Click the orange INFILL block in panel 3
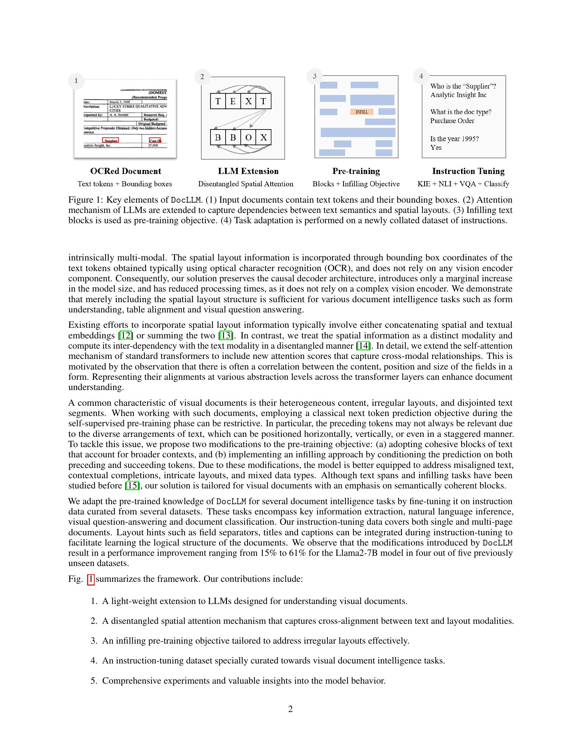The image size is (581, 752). (x=361, y=112)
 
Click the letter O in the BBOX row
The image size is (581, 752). (x=248, y=137)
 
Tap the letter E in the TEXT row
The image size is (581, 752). (x=233, y=101)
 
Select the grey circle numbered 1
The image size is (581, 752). (x=76, y=81)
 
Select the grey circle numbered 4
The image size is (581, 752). (x=421, y=76)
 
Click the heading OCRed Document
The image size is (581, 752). (x=125, y=171)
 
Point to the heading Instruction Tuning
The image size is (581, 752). (x=468, y=171)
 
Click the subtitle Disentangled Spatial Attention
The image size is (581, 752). (x=245, y=184)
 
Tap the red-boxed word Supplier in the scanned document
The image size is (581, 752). (x=110, y=140)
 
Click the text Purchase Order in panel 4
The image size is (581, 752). (x=452, y=121)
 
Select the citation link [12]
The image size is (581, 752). (x=126, y=335)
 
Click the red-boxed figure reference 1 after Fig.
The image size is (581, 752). (x=91, y=579)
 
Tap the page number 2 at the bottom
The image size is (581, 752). (x=290, y=709)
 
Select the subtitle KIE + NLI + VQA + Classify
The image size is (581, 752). (x=463, y=184)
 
